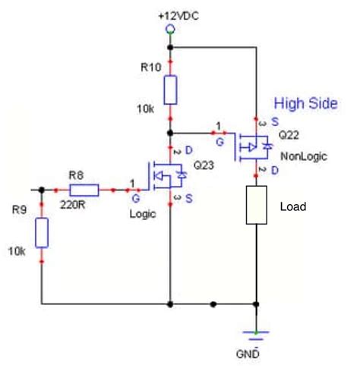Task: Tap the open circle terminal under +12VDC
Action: [x=170, y=30]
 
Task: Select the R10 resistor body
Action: [x=170, y=90]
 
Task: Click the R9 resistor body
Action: [x=42, y=233]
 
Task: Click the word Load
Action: [x=292, y=206]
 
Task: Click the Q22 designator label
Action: [x=289, y=134]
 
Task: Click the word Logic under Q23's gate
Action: [x=142, y=215]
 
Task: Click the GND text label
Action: [x=256, y=353]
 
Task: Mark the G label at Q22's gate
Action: [x=220, y=140]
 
